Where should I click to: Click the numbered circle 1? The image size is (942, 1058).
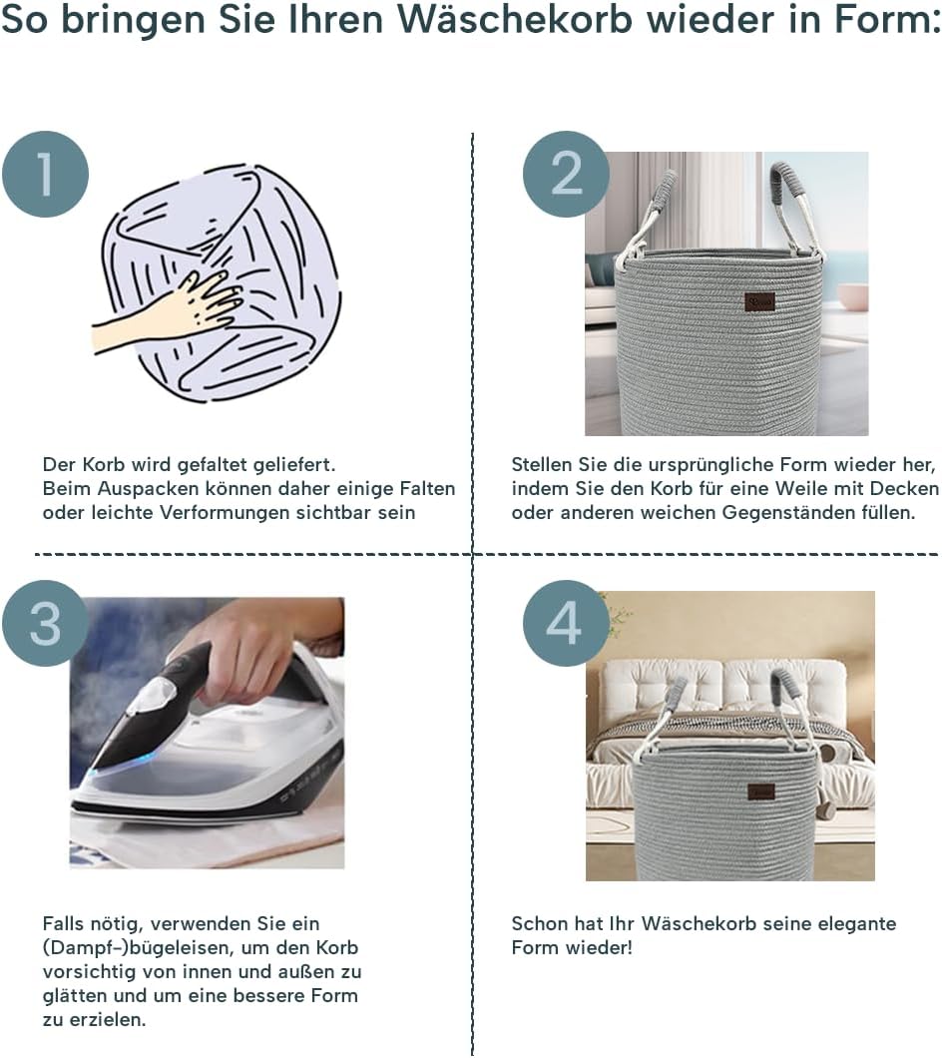(45, 174)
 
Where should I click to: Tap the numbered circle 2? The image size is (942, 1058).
(566, 174)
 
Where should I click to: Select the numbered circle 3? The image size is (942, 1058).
(45, 624)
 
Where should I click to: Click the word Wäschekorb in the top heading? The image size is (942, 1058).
(515, 20)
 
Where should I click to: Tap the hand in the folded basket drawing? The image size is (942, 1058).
(169, 311)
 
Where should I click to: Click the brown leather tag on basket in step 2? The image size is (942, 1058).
(759, 301)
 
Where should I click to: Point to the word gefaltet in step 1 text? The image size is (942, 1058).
(215, 465)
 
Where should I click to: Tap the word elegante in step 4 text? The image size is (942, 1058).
(857, 923)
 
